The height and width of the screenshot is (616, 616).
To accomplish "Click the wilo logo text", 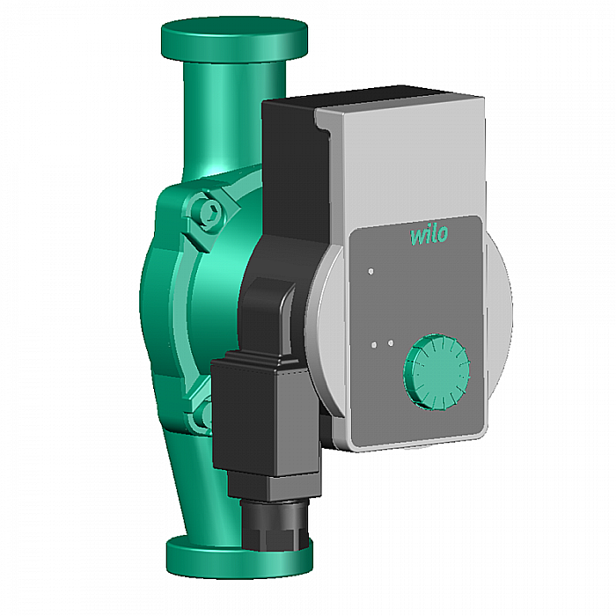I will point(429,235).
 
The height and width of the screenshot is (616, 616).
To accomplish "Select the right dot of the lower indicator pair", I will point(389,343).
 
